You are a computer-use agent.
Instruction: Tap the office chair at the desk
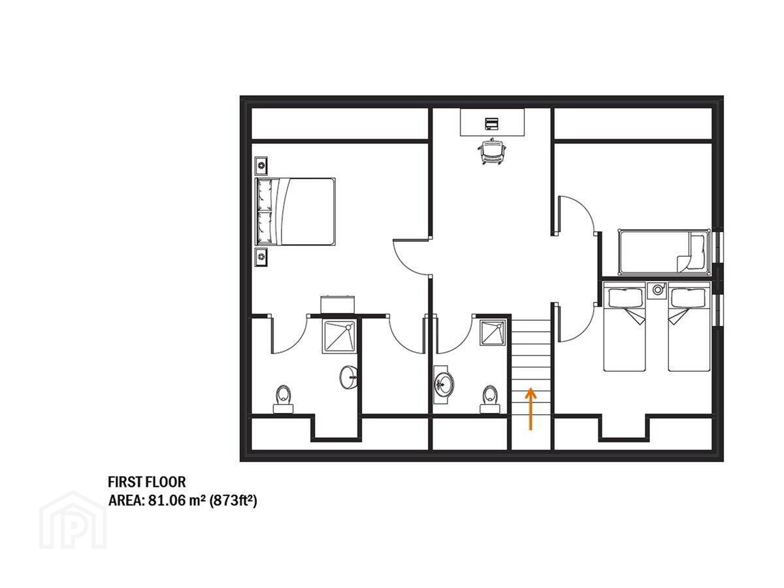coord(491,151)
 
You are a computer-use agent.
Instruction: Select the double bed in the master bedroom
coord(295,211)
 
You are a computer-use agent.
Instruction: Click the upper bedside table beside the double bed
coord(261,166)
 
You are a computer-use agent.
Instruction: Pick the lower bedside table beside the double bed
coord(261,257)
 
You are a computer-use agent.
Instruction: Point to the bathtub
coord(664,252)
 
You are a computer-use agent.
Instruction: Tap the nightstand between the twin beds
coord(657,289)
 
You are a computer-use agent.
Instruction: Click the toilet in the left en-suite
coord(284,399)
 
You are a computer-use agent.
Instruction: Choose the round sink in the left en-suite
coord(348,378)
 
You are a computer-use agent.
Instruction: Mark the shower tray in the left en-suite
coord(339,336)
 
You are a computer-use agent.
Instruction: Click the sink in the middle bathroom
coord(444,385)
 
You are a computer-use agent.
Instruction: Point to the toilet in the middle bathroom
coord(490,399)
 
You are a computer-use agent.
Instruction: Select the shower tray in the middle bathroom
coord(493,333)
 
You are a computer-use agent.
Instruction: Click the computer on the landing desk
coord(491,123)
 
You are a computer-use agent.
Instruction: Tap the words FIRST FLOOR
coord(147,482)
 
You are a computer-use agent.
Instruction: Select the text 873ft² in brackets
coord(233,501)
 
